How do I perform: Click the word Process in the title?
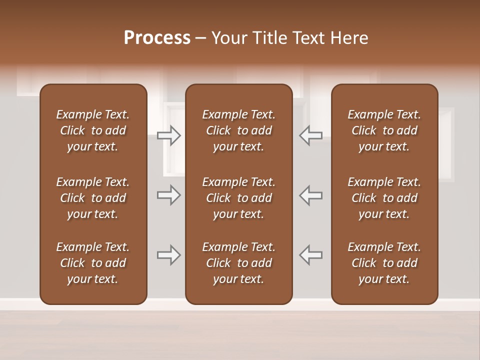[157, 38]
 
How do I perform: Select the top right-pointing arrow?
[168, 135]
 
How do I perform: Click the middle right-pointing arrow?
[168, 195]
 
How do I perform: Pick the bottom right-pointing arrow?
[168, 255]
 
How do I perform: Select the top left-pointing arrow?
[311, 135]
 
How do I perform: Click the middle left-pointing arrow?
[311, 195]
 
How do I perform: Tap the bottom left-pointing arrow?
[311, 255]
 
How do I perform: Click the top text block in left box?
[93, 130]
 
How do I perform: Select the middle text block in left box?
[93, 198]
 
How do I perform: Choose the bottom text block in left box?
[93, 263]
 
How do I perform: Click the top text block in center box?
[238, 130]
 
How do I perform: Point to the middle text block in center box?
[238, 198]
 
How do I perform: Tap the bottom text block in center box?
[238, 263]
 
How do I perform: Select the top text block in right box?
[384, 130]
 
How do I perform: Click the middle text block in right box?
[384, 198]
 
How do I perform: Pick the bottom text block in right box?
[384, 263]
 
